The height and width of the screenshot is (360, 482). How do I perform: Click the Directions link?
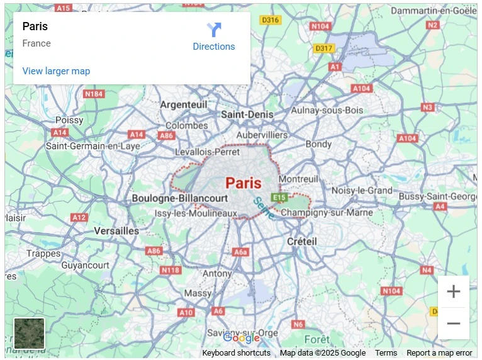pos(214,46)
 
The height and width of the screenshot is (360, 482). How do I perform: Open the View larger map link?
pos(56,71)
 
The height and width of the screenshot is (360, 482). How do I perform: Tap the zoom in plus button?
pos(453,291)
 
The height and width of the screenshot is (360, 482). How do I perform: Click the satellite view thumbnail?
pos(30,333)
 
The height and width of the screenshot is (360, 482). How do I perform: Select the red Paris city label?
pos(243,183)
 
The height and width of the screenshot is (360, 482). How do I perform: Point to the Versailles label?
pos(116,231)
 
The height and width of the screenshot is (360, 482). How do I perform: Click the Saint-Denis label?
pos(247,115)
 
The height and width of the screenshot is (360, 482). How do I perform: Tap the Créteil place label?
pos(302,241)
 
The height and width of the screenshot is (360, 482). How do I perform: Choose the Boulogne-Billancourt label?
pos(179,198)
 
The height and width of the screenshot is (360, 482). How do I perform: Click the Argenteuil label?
pos(183,104)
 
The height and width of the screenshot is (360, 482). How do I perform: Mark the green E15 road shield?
pos(279,198)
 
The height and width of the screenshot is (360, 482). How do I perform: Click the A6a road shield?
pos(241,252)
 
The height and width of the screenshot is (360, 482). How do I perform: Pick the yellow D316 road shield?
pos(271,20)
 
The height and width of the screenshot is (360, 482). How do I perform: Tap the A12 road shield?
pos(79,218)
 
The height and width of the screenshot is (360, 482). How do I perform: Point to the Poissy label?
pos(69,120)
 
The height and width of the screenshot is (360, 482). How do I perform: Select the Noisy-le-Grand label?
pos(362,190)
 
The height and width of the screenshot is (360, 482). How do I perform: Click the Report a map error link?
pos(439,353)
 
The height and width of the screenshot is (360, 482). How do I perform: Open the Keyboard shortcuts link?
pos(237,353)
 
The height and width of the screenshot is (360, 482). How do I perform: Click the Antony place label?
pos(217,274)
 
